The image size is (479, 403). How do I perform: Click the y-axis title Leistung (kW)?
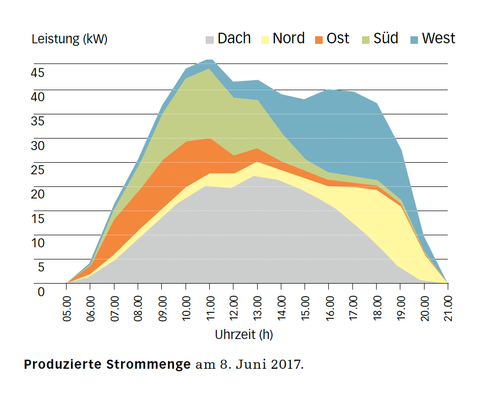(x=69, y=39)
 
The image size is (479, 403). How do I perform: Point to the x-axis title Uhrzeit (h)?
(x=244, y=334)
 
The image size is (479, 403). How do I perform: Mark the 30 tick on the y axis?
(x=38, y=146)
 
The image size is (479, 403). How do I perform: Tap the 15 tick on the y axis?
(x=38, y=219)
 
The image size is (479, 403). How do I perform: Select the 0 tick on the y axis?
(x=41, y=292)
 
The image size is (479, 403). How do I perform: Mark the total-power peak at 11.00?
(x=210, y=59)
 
